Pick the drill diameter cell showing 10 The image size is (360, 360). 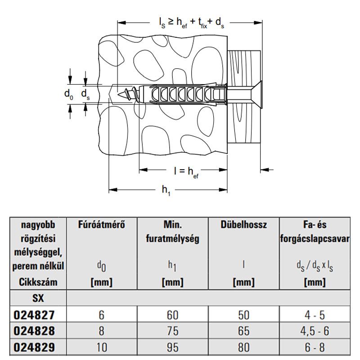[x=101, y=348]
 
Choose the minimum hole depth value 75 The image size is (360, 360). [x=172, y=331]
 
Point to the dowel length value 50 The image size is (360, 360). [x=243, y=314]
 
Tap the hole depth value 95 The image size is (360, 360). [x=172, y=348]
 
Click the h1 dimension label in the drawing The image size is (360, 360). [x=166, y=190]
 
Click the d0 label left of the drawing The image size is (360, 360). [x=68, y=94]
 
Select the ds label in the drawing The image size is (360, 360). [x=85, y=94]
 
